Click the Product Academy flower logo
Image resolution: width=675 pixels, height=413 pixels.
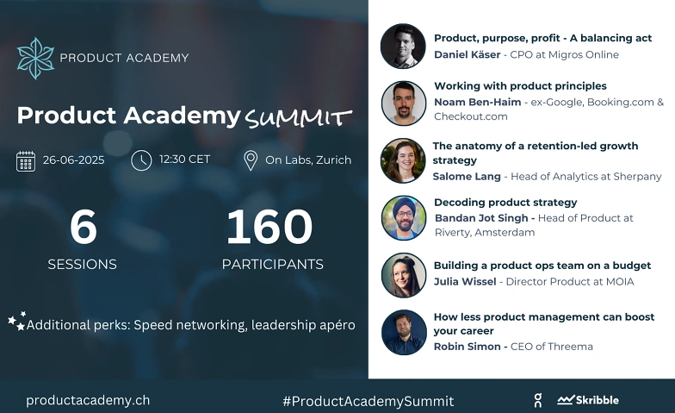(x=36, y=59)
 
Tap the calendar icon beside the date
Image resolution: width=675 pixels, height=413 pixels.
(x=26, y=161)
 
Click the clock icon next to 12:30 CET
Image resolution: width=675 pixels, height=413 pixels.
(x=141, y=160)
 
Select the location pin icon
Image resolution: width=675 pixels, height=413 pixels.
(x=251, y=160)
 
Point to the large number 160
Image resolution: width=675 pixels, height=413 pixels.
(x=269, y=227)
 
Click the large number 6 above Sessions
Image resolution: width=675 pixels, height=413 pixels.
(x=83, y=227)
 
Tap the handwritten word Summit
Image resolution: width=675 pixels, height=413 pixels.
(x=298, y=118)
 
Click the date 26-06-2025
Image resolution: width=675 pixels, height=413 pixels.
(x=74, y=160)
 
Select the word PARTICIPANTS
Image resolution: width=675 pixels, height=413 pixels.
(x=272, y=264)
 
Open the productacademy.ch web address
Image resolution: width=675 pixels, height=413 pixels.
(x=88, y=400)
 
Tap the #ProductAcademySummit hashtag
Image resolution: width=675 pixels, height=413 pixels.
(x=368, y=402)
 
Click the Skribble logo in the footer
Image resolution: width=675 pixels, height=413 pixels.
(x=588, y=400)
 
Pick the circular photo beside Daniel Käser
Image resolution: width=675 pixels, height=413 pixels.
(x=403, y=47)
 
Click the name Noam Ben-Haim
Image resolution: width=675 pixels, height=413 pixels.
(x=477, y=102)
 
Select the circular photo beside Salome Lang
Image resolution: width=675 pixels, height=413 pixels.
(x=403, y=160)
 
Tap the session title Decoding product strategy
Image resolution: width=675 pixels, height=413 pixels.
(x=505, y=203)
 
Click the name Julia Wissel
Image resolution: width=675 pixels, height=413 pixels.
(x=465, y=281)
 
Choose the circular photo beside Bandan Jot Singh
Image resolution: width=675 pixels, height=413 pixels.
(x=404, y=217)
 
